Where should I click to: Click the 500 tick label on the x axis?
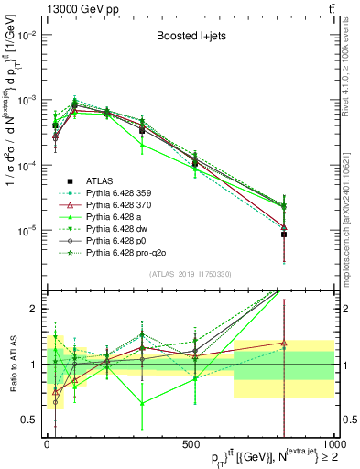(188, 444)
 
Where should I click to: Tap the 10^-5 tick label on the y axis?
(25, 230)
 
